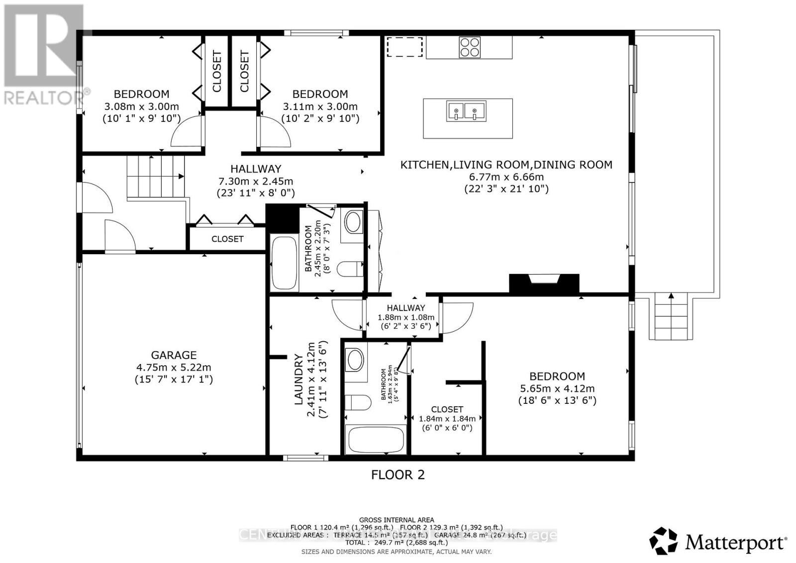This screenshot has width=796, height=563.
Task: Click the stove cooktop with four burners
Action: [x=470, y=48]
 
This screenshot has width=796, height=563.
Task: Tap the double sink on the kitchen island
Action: [x=466, y=111]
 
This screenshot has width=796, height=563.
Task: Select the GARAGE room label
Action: [x=174, y=355]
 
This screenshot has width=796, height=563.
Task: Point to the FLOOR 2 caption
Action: [x=398, y=474]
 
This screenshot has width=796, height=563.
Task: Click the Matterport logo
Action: [x=718, y=542]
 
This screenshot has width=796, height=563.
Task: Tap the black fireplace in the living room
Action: [x=544, y=283]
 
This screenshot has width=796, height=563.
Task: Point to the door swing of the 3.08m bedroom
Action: [x=187, y=132]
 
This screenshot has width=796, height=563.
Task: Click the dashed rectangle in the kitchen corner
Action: [x=404, y=46]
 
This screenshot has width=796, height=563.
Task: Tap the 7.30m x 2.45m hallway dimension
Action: [x=256, y=181]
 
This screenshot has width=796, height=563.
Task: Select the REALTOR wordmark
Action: [x=46, y=96]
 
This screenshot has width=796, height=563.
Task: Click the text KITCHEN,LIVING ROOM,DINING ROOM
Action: [x=506, y=165]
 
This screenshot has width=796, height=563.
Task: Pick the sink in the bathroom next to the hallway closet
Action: [x=353, y=222]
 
